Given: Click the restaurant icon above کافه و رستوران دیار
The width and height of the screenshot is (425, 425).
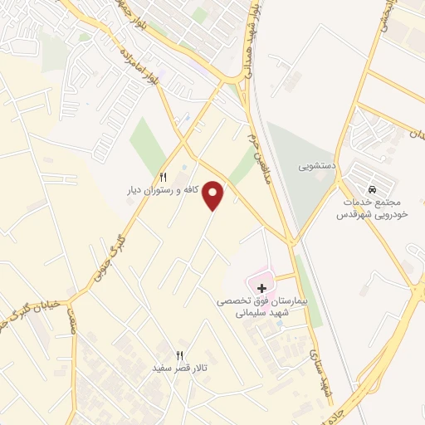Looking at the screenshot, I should [x=164, y=177].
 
